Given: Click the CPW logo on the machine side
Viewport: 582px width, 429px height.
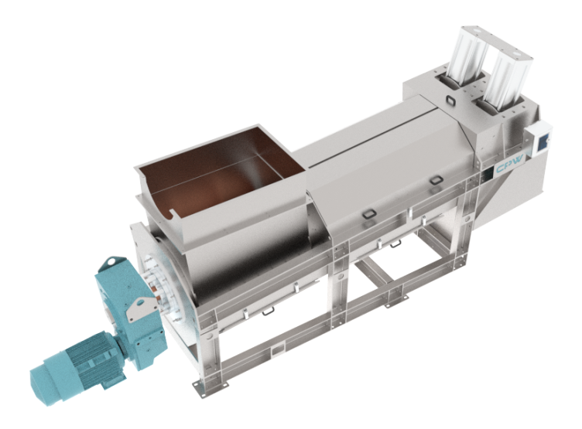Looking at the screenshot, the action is pyautogui.click(x=509, y=165).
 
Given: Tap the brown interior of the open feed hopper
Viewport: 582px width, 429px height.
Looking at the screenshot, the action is pyautogui.click(x=223, y=174).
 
